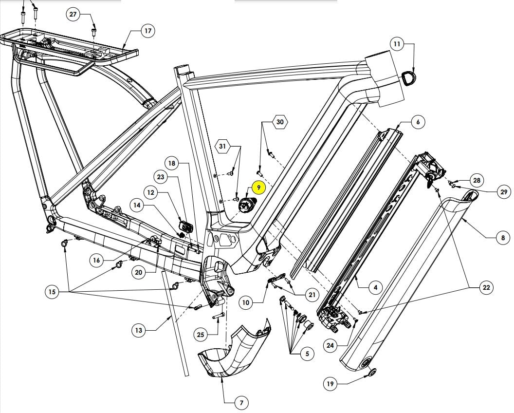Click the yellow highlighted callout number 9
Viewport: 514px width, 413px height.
pyautogui.click(x=258, y=187)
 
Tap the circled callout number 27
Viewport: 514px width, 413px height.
pyautogui.click(x=73, y=14)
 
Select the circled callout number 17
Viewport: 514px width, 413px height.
pyautogui.click(x=147, y=31)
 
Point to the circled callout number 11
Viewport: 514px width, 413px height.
pyautogui.click(x=397, y=44)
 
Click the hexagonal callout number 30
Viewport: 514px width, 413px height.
pyautogui.click(x=279, y=122)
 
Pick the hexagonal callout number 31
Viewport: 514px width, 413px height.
pyautogui.click(x=222, y=146)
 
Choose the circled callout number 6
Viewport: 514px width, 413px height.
pyautogui.click(x=418, y=122)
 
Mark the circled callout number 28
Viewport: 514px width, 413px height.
pyautogui.click(x=476, y=180)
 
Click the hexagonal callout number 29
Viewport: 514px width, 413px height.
pyautogui.click(x=503, y=192)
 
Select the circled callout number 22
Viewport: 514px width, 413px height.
pyautogui.click(x=486, y=288)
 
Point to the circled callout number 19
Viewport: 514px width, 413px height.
pyautogui.click(x=330, y=384)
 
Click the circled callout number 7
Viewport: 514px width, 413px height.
pyautogui.click(x=241, y=403)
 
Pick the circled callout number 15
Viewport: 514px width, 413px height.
pyautogui.click(x=52, y=292)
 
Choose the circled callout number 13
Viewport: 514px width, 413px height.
pyautogui.click(x=139, y=331)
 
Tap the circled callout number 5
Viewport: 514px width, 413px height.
pyautogui.click(x=307, y=354)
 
